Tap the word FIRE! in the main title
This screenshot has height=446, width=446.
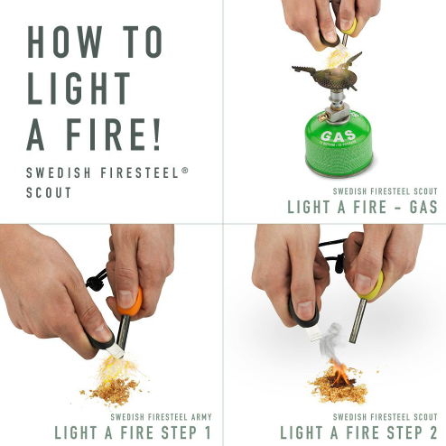[116, 134]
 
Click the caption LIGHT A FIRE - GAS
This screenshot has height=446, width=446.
[362, 208]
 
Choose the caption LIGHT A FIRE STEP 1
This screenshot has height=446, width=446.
[134, 432]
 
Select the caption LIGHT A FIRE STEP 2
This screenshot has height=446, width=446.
[358, 432]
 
